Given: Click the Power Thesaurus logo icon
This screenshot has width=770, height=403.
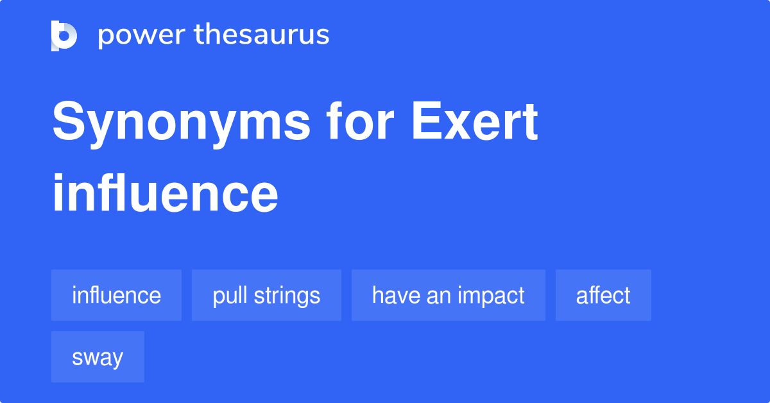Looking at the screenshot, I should coord(64,35).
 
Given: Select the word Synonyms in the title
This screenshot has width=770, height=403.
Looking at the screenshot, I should coord(181,123).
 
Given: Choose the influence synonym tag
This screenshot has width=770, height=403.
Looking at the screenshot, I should coord(116,295).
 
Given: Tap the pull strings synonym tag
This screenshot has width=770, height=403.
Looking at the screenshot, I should coord(266,295).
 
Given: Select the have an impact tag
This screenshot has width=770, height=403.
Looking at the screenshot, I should coord(448,295).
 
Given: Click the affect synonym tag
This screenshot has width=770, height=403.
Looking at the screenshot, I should coord(603,295).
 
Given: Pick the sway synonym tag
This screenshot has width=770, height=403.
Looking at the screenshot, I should coord(98,357).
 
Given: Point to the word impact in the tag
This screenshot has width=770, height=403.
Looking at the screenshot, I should coord(495,296).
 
